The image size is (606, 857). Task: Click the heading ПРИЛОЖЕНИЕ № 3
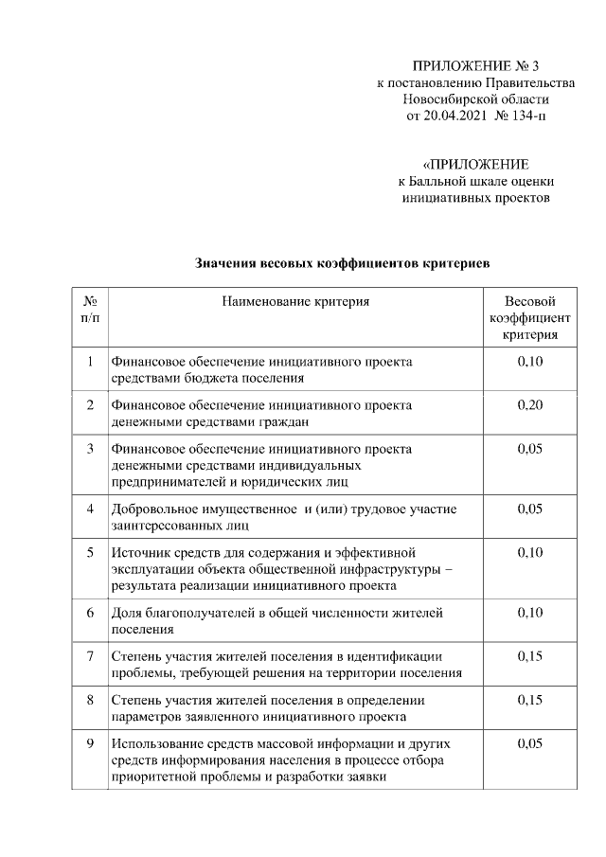pyautogui.click(x=475, y=66)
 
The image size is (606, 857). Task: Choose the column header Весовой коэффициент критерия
pyautogui.click(x=529, y=317)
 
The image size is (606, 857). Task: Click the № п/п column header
pyautogui.click(x=89, y=310)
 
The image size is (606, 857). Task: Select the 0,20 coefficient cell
pyautogui.click(x=529, y=405)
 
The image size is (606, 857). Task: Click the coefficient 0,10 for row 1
pyautogui.click(x=529, y=362)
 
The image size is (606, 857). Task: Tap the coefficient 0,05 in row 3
pyautogui.click(x=529, y=449)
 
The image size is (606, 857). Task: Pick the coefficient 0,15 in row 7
pyautogui.click(x=529, y=656)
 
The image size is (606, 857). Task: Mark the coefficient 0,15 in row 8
pyautogui.click(x=529, y=700)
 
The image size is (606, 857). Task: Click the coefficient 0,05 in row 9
pyautogui.click(x=529, y=743)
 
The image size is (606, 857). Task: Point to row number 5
pyautogui.click(x=89, y=552)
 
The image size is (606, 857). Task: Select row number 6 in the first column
pyautogui.click(x=89, y=613)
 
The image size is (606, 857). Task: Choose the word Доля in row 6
pyautogui.click(x=128, y=613)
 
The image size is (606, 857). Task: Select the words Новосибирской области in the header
pyautogui.click(x=475, y=99)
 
